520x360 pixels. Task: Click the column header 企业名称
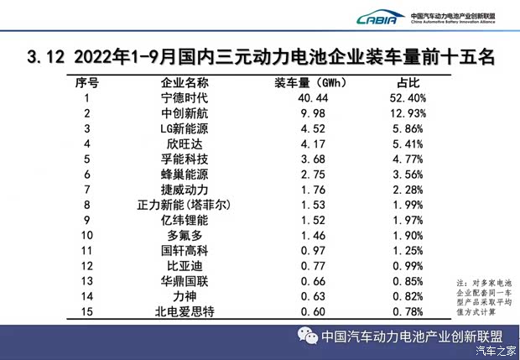click(185, 83)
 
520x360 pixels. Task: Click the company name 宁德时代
click(185, 98)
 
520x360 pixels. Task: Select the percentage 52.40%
click(408, 98)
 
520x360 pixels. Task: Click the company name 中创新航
click(185, 113)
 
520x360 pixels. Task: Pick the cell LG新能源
click(185, 128)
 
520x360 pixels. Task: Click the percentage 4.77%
click(408, 159)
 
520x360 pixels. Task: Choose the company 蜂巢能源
click(185, 175)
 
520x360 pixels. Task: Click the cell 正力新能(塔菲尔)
click(185, 205)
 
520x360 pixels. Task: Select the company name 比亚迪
click(185, 265)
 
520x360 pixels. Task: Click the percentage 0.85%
click(408, 280)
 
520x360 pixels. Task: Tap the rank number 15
click(86, 310)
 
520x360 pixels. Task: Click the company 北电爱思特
click(185, 310)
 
